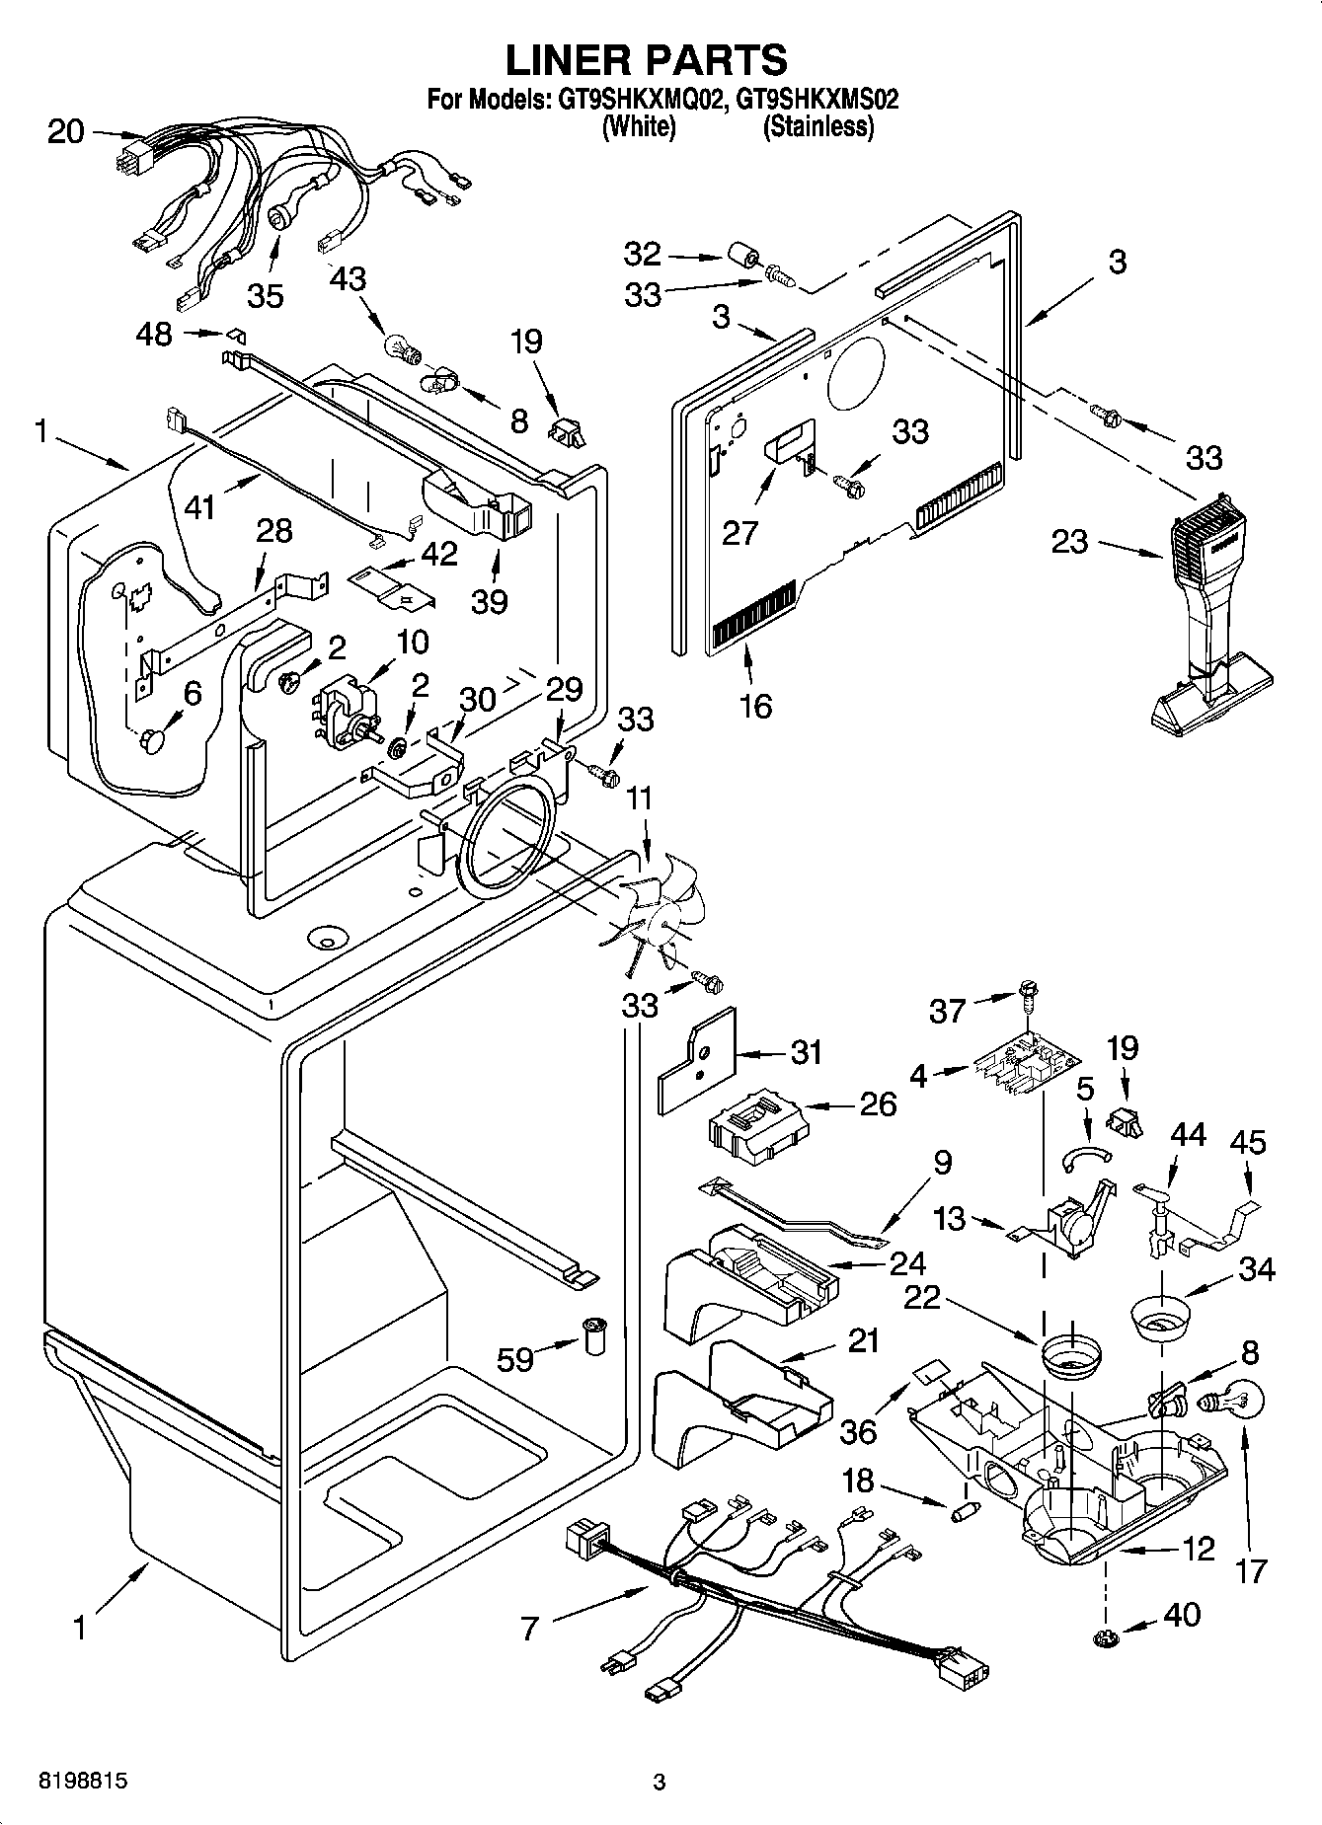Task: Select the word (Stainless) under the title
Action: pyautogui.click(x=818, y=126)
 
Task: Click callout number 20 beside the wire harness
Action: pyautogui.click(x=66, y=131)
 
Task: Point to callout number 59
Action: pyautogui.click(x=515, y=1359)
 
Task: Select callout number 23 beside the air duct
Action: pyautogui.click(x=1069, y=541)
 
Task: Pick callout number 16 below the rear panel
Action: pyautogui.click(x=755, y=706)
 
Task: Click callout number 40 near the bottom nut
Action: pyautogui.click(x=1182, y=1614)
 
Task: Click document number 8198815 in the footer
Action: pyautogui.click(x=83, y=1782)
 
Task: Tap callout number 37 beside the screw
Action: pyautogui.click(x=948, y=1010)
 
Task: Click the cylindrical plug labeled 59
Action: pyautogui.click(x=595, y=1335)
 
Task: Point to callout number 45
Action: pyautogui.click(x=1248, y=1142)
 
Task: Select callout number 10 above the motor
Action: pyautogui.click(x=412, y=642)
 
